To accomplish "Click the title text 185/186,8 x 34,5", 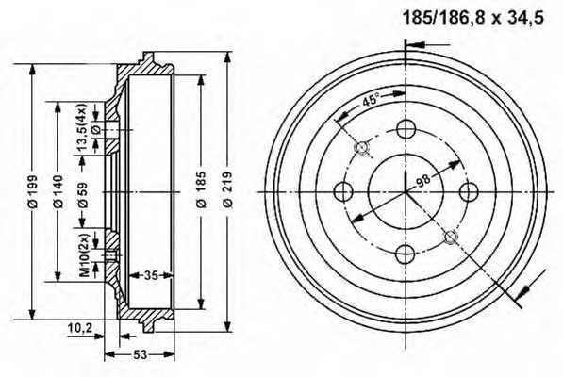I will (x=461, y=16).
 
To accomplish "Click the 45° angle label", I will (x=370, y=101).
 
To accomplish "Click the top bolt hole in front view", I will (x=406, y=130).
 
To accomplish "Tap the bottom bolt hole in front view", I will (x=406, y=252).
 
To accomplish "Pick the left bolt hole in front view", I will (x=345, y=191).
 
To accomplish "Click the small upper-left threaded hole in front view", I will (x=362, y=148).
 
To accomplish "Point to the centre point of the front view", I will (x=406, y=191).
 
